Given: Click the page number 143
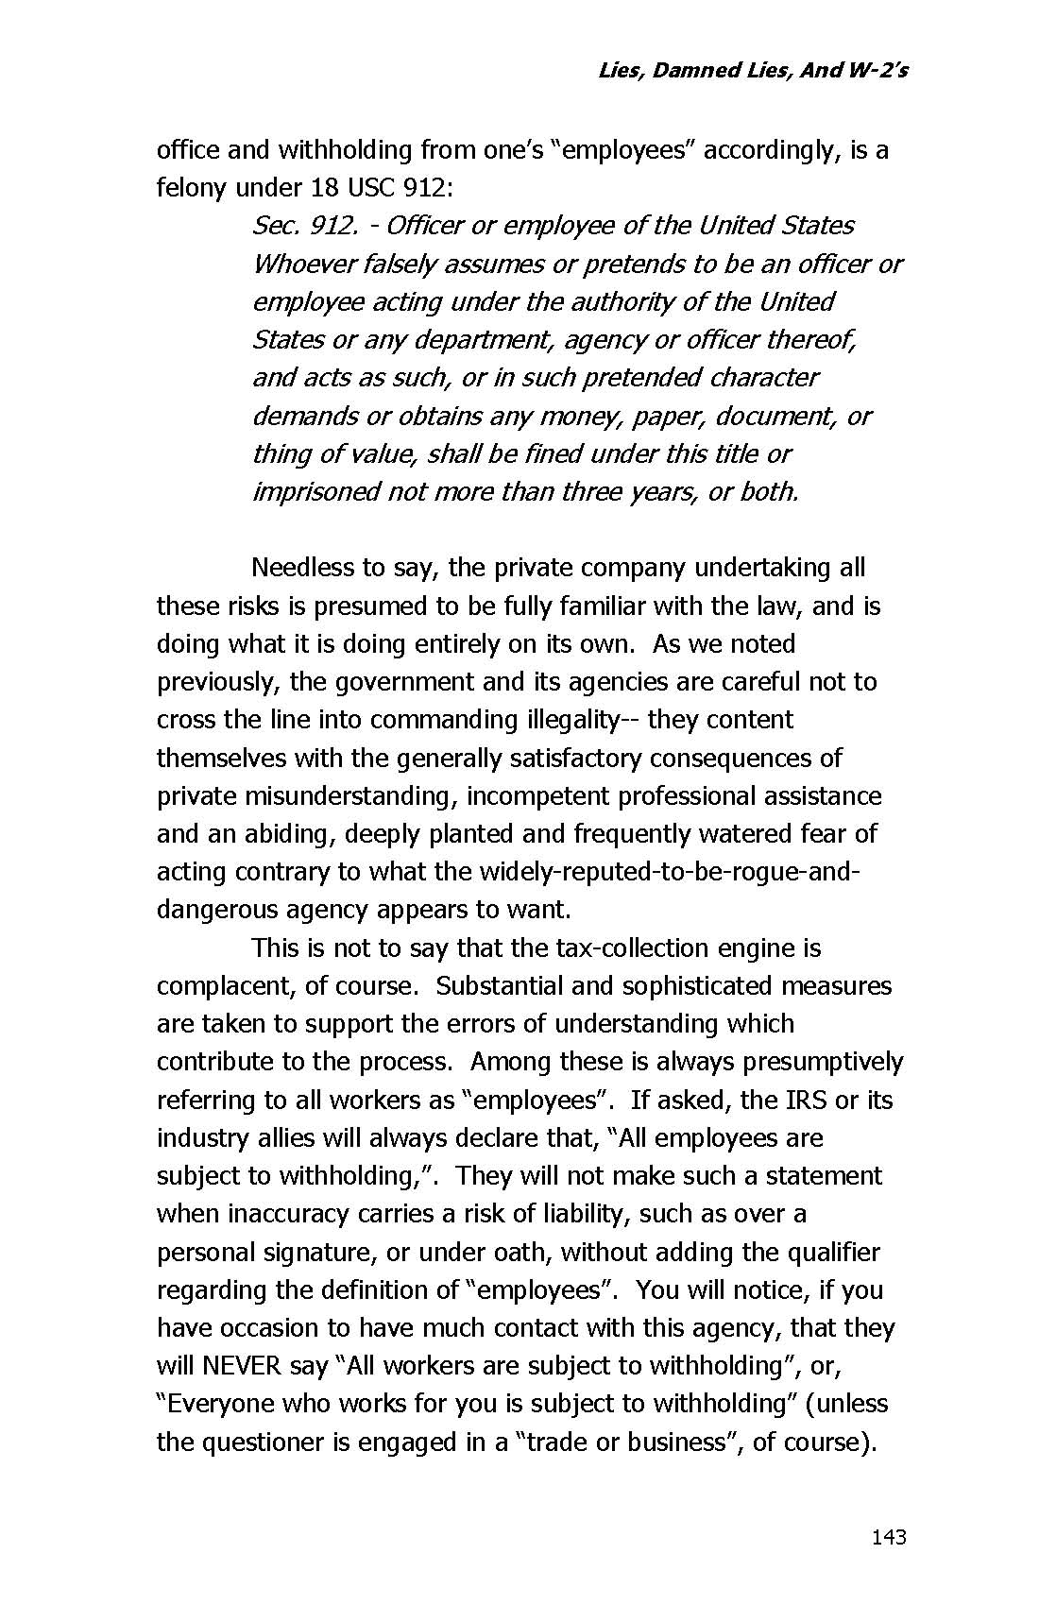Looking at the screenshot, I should click(889, 1537).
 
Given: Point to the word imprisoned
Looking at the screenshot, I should click(315, 492).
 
